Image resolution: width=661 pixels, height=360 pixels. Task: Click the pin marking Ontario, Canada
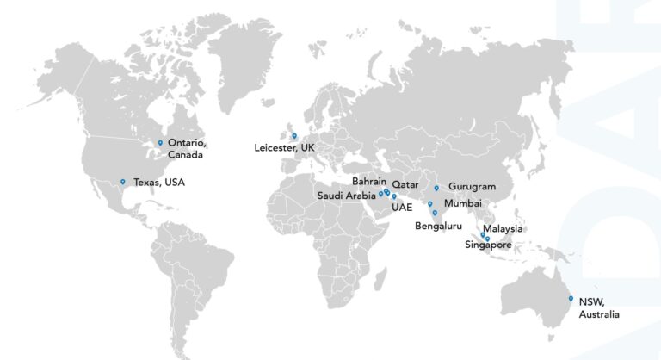pos(160,142)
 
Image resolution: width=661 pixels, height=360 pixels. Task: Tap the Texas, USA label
pos(158,183)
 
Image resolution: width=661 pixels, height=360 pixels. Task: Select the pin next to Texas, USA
pos(123,181)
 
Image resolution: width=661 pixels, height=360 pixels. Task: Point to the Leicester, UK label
pos(284,148)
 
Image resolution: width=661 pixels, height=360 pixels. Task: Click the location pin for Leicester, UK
pos(293,135)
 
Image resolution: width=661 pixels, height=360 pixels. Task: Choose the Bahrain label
pos(368,182)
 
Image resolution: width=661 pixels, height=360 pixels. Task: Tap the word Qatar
pos(405,184)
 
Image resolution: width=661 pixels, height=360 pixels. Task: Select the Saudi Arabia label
pos(346,195)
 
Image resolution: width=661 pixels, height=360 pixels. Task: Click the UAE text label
pos(401,207)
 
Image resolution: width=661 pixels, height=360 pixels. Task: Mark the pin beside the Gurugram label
pos(436,187)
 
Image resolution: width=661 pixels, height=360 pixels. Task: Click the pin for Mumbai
pos(429,204)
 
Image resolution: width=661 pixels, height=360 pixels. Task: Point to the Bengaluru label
pos(438,226)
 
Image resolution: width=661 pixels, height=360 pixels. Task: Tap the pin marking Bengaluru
pos(435,213)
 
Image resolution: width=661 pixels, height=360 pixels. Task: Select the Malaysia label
pos(503,229)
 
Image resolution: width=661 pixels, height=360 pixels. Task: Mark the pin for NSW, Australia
pos(570,298)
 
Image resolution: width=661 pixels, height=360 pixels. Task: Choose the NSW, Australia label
pos(598,308)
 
